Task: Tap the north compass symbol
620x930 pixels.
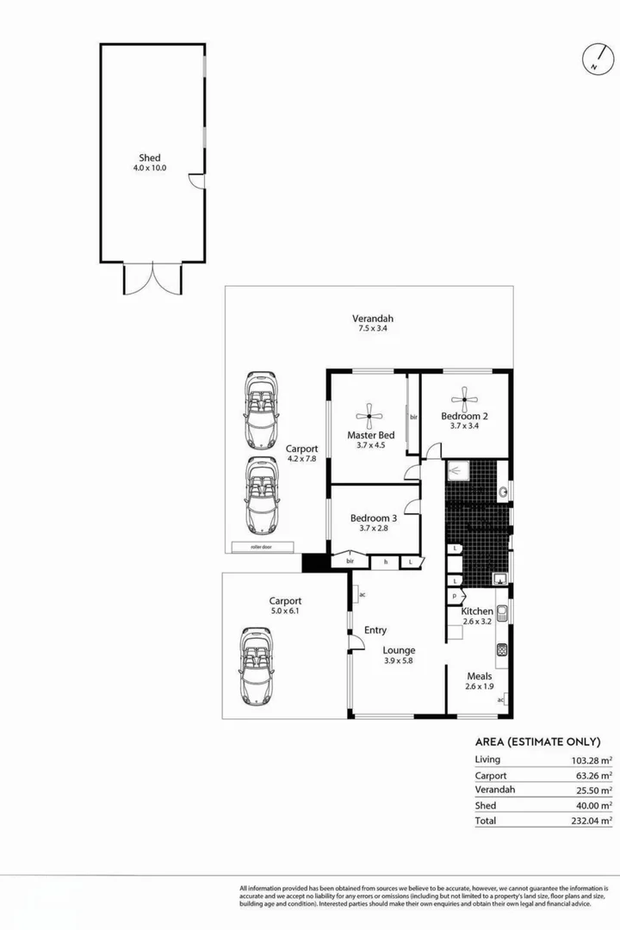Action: pos(595,59)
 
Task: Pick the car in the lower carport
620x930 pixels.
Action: pos(257,666)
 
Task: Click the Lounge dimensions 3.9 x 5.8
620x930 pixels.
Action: pos(400,661)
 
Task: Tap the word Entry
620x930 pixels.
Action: pos(375,630)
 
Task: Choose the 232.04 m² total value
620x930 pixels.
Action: pos(591,821)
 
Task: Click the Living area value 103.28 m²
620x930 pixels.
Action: pos(591,759)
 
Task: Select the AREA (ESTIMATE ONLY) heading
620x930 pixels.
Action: pos(537,741)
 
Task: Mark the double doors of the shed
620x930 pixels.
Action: pos(153,278)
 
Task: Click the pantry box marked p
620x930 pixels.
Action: pos(454,595)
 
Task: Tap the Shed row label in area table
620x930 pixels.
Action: pos(485,806)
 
